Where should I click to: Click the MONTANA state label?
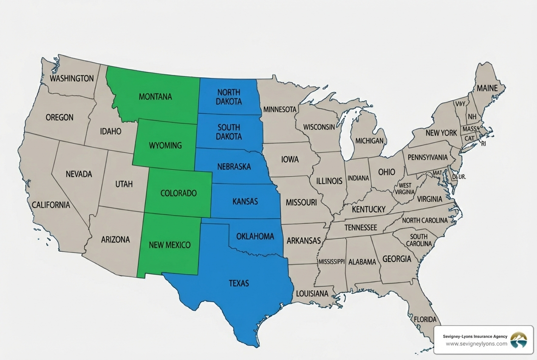click(155, 97)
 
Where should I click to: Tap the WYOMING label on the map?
click(165, 146)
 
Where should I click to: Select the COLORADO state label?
click(178, 193)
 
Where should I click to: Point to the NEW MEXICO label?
click(170, 245)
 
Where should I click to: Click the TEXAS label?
click(239, 283)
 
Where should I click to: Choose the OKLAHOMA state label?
click(255, 236)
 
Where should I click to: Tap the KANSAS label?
click(245, 202)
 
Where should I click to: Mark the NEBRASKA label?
click(234, 167)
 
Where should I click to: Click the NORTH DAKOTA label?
click(229, 97)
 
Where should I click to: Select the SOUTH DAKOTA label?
click(229, 132)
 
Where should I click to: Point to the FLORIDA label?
click(425, 319)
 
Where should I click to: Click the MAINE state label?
click(487, 89)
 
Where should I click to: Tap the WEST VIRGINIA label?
click(404, 188)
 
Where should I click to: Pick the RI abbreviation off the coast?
click(483, 144)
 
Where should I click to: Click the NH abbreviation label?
click(472, 117)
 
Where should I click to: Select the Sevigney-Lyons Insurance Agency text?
click(475, 336)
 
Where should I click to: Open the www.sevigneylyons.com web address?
click(476, 343)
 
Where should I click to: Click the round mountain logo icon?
click(518, 340)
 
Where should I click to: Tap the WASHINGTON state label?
click(72, 79)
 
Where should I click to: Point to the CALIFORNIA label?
click(51, 205)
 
